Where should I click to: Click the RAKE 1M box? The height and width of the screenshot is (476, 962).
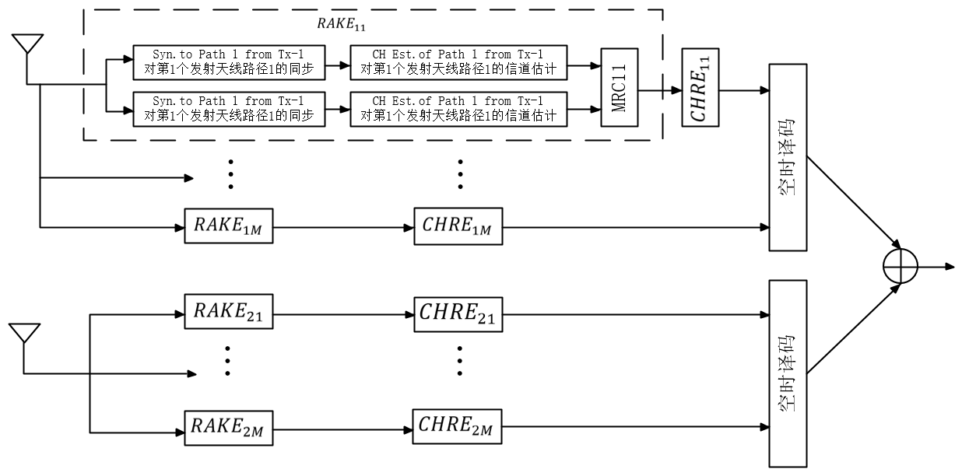(229, 226)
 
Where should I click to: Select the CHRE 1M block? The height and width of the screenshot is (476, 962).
(458, 226)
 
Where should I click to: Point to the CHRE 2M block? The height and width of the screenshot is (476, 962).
(458, 425)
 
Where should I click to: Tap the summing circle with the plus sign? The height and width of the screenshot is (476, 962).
(901, 266)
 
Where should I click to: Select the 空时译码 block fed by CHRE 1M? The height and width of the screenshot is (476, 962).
(788, 157)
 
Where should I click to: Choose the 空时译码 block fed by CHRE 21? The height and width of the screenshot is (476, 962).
(788, 374)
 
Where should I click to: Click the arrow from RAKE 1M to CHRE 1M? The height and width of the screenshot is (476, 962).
(342, 227)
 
